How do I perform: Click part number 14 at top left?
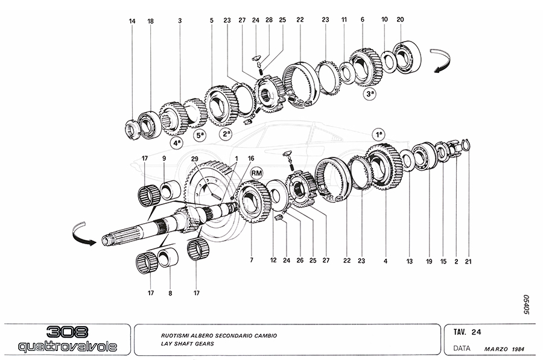click(x=132, y=22)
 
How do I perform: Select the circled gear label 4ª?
click(x=176, y=144)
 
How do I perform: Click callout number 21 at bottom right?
click(x=468, y=262)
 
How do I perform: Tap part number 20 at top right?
click(x=400, y=20)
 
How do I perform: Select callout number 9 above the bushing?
click(x=164, y=159)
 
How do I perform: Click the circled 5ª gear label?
click(x=200, y=136)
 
